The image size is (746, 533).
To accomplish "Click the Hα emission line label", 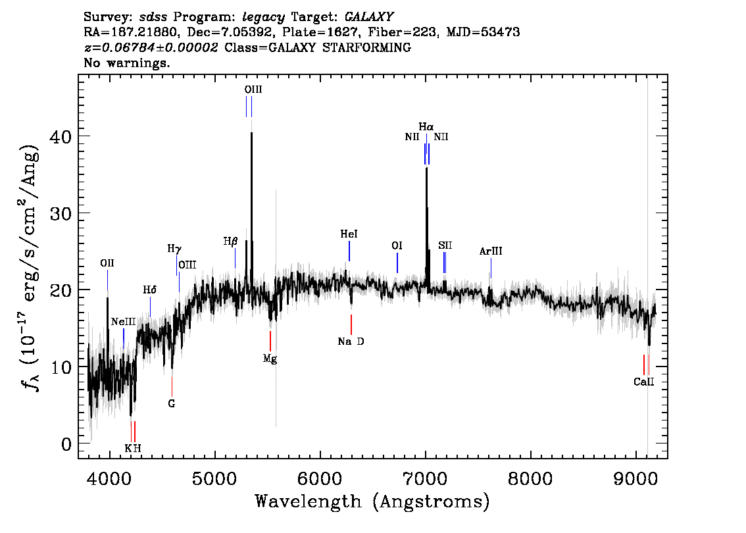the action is tap(426, 126).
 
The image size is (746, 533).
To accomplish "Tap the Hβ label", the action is tap(230, 241).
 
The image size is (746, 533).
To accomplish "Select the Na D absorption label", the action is tap(351, 342).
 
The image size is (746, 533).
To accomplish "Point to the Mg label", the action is tap(270, 359).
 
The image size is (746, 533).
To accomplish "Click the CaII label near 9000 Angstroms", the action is tap(644, 382).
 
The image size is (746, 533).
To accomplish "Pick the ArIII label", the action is tap(491, 251).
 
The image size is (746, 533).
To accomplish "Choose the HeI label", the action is tap(349, 234).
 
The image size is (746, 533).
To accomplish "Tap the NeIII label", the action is tap(123, 322).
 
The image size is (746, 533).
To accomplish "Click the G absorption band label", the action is tap(171, 403).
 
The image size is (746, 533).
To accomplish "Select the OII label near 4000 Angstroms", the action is tap(107, 263).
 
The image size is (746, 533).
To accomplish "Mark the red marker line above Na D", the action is tap(351, 324).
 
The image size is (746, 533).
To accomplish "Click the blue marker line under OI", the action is tap(397, 263).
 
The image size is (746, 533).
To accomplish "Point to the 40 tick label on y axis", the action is tap(61, 137).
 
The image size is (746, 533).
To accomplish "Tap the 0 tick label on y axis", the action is tap(66, 444).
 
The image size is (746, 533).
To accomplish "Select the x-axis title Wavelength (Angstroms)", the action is tap(372, 501).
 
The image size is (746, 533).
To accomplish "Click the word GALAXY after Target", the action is tap(368, 17).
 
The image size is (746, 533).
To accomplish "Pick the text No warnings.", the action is tap(126, 63).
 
